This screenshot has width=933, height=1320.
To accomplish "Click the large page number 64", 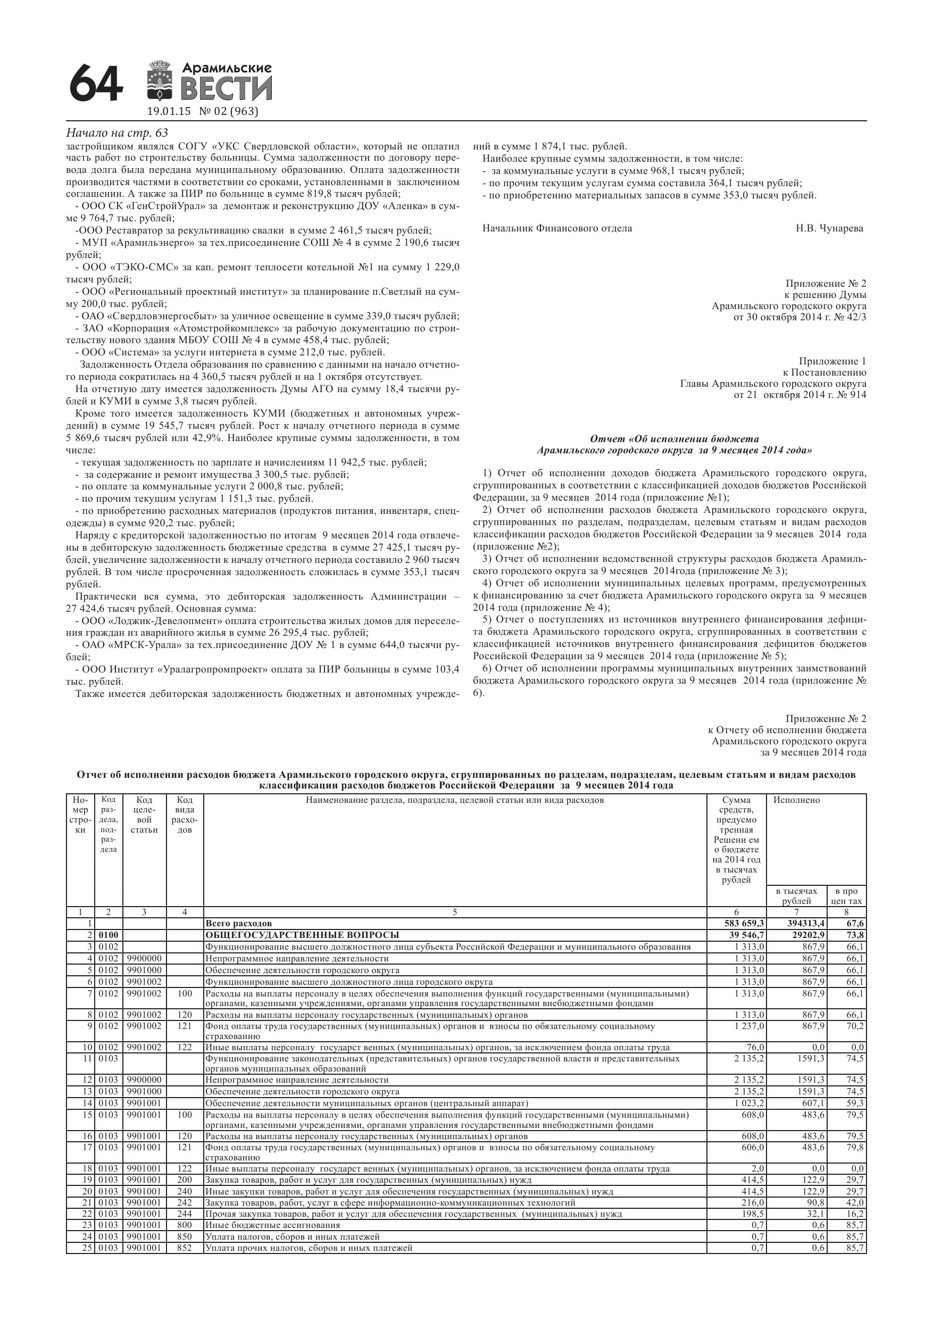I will [96, 85].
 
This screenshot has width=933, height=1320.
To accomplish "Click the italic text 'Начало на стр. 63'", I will [117, 133].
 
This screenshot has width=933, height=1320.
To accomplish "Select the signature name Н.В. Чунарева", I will [829, 228].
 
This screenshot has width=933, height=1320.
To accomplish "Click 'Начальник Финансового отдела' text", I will [557, 228].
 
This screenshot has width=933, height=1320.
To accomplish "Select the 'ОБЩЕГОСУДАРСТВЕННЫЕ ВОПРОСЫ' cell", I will [302, 935].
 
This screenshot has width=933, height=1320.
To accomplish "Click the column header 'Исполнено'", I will [796, 800].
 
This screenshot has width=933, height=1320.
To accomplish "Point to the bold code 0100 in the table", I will [108, 935].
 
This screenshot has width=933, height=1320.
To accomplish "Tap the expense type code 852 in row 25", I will [185, 1248].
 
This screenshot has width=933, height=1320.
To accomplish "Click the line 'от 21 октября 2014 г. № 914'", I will [799, 395].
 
